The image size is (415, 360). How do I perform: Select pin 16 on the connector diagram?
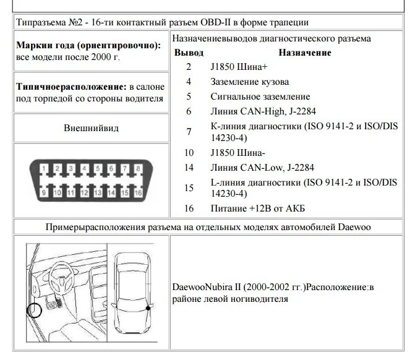137,193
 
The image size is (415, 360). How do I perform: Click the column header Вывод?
189,53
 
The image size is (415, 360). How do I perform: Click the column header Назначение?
305,53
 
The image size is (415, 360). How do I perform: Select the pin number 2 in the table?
189,66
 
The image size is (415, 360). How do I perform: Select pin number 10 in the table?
189,152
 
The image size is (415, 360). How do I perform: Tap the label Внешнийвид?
91,128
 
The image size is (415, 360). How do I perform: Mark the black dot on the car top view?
148,307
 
